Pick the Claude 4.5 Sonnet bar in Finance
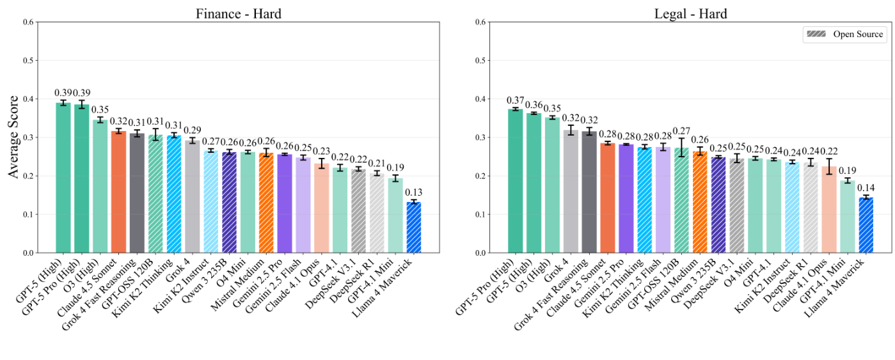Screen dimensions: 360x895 [118, 191]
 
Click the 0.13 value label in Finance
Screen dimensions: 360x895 [414, 192]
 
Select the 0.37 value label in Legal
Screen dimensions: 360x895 [515, 100]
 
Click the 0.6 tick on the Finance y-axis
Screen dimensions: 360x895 [28, 22]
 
